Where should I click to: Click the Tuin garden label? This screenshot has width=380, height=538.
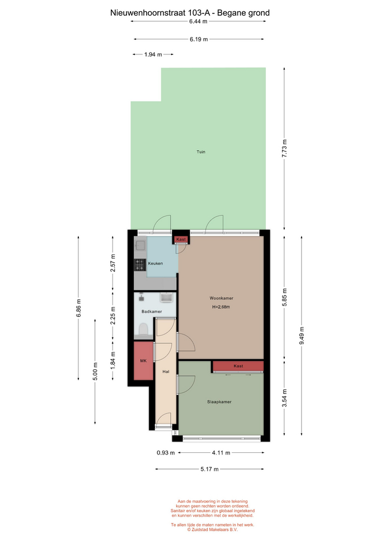[201, 152]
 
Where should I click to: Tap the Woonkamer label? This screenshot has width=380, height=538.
[222, 298]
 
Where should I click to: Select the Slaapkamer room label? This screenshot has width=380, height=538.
[219, 402]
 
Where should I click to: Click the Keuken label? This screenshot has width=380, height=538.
[155, 263]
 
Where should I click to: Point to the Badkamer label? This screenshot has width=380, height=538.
[152, 312]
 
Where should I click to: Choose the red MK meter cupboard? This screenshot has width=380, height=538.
[143, 360]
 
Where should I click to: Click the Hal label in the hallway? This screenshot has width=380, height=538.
[166, 372]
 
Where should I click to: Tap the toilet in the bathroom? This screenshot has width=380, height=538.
[143, 330]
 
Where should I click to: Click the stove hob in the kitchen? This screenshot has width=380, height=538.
[140, 265]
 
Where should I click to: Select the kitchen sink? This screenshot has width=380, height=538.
[140, 245]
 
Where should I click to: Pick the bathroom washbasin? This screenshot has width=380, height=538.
[167, 298]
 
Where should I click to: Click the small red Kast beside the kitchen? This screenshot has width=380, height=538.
[181, 239]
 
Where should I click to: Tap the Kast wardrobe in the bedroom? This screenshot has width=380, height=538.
[238, 366]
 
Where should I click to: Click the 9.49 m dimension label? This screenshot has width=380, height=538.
[302, 336]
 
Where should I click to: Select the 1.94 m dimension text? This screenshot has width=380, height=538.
[153, 54]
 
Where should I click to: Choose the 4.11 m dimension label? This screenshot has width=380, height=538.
[221, 453]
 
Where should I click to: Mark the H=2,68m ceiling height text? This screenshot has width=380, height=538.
[221, 307]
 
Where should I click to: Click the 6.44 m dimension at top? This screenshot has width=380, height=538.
[198, 21]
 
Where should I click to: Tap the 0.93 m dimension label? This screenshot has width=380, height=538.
[166, 453]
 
